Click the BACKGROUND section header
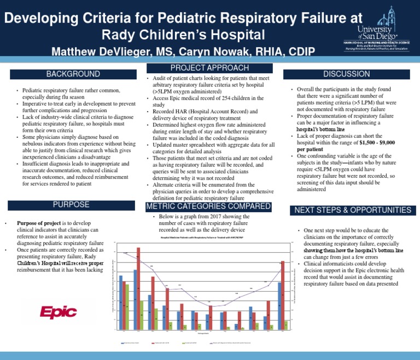[73, 74]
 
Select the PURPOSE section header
[73, 205]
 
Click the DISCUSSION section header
[346, 74]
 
